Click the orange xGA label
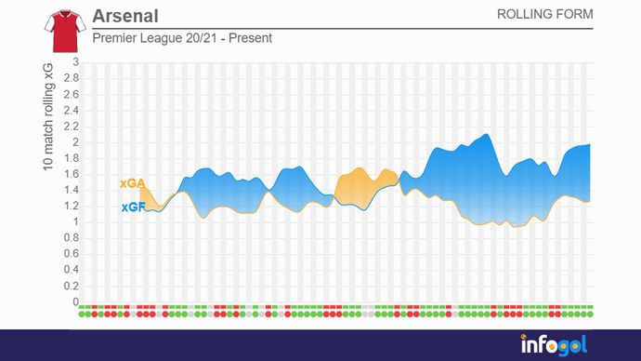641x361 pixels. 131,185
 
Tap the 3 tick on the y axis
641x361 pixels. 76,63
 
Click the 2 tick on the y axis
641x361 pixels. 76,142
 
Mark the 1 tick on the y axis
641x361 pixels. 76,222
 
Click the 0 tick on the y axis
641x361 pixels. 76,301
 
